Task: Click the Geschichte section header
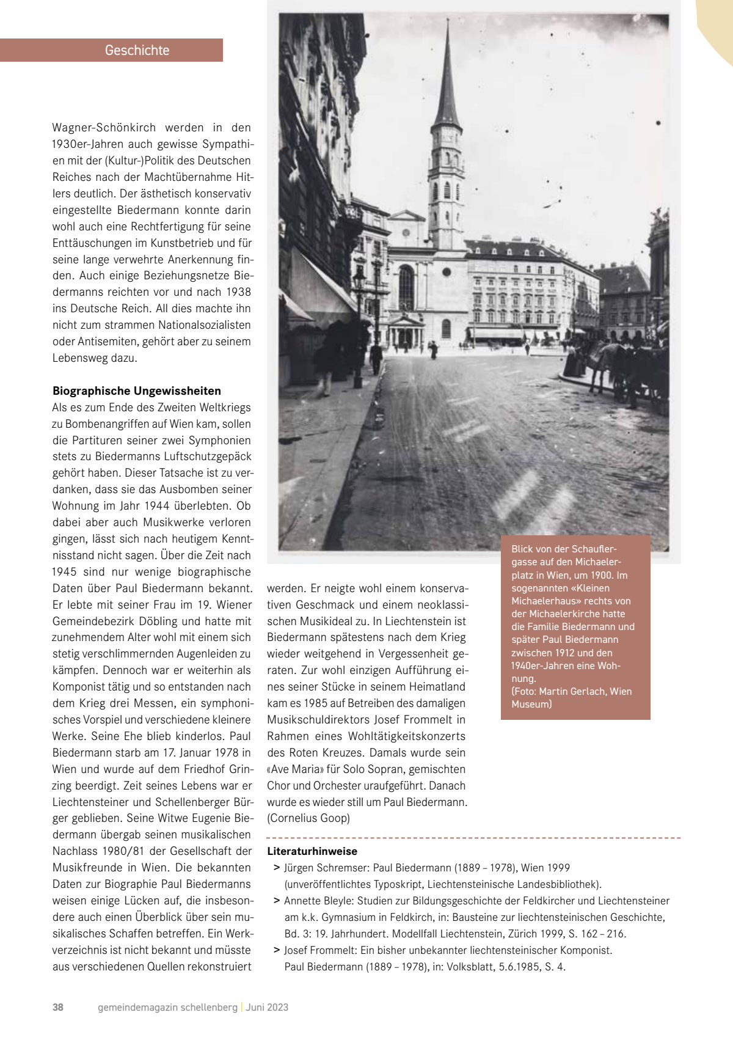coord(137,50)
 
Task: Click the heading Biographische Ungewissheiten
coord(137,391)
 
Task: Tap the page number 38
coord(58,1007)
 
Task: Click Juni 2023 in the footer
coord(267,1007)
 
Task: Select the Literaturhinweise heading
coord(312,851)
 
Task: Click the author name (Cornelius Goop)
coord(308,818)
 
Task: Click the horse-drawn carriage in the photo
coord(629,370)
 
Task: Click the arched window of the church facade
coord(406,287)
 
